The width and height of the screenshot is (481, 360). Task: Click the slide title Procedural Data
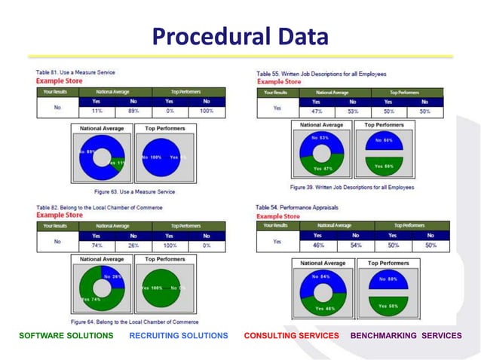[x=240, y=35]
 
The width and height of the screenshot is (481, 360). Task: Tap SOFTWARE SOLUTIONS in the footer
[x=66, y=335]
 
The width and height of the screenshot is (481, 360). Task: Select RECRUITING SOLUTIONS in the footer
[x=178, y=335]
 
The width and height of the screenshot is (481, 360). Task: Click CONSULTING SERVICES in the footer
[x=292, y=335]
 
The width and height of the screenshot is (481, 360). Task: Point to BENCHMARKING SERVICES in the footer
[x=406, y=335]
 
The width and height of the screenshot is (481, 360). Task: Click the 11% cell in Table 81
[x=97, y=110]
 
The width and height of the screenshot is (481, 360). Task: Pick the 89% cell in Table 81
[x=133, y=110]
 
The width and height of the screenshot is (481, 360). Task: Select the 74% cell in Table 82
[x=97, y=246]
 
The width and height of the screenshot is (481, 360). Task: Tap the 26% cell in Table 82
[x=133, y=246]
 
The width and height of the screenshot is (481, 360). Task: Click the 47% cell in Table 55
[x=317, y=111]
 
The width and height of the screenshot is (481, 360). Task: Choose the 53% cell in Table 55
[x=353, y=111]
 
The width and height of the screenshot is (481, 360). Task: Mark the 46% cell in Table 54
[x=318, y=245]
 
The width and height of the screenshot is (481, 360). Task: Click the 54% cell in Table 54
[x=356, y=245]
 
